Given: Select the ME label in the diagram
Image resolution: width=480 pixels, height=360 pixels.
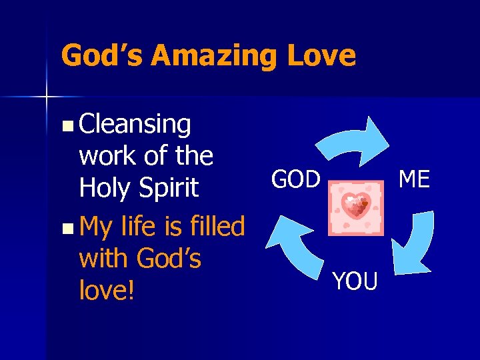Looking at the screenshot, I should click(x=414, y=179).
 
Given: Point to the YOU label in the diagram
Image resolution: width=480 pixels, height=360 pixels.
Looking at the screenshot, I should click(x=355, y=281).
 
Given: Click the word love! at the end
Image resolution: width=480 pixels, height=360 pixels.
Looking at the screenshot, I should click(x=107, y=291).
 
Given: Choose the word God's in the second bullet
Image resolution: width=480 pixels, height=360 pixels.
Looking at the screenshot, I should click(x=169, y=259).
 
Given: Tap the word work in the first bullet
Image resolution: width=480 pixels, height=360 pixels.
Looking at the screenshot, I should click(x=107, y=156).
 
